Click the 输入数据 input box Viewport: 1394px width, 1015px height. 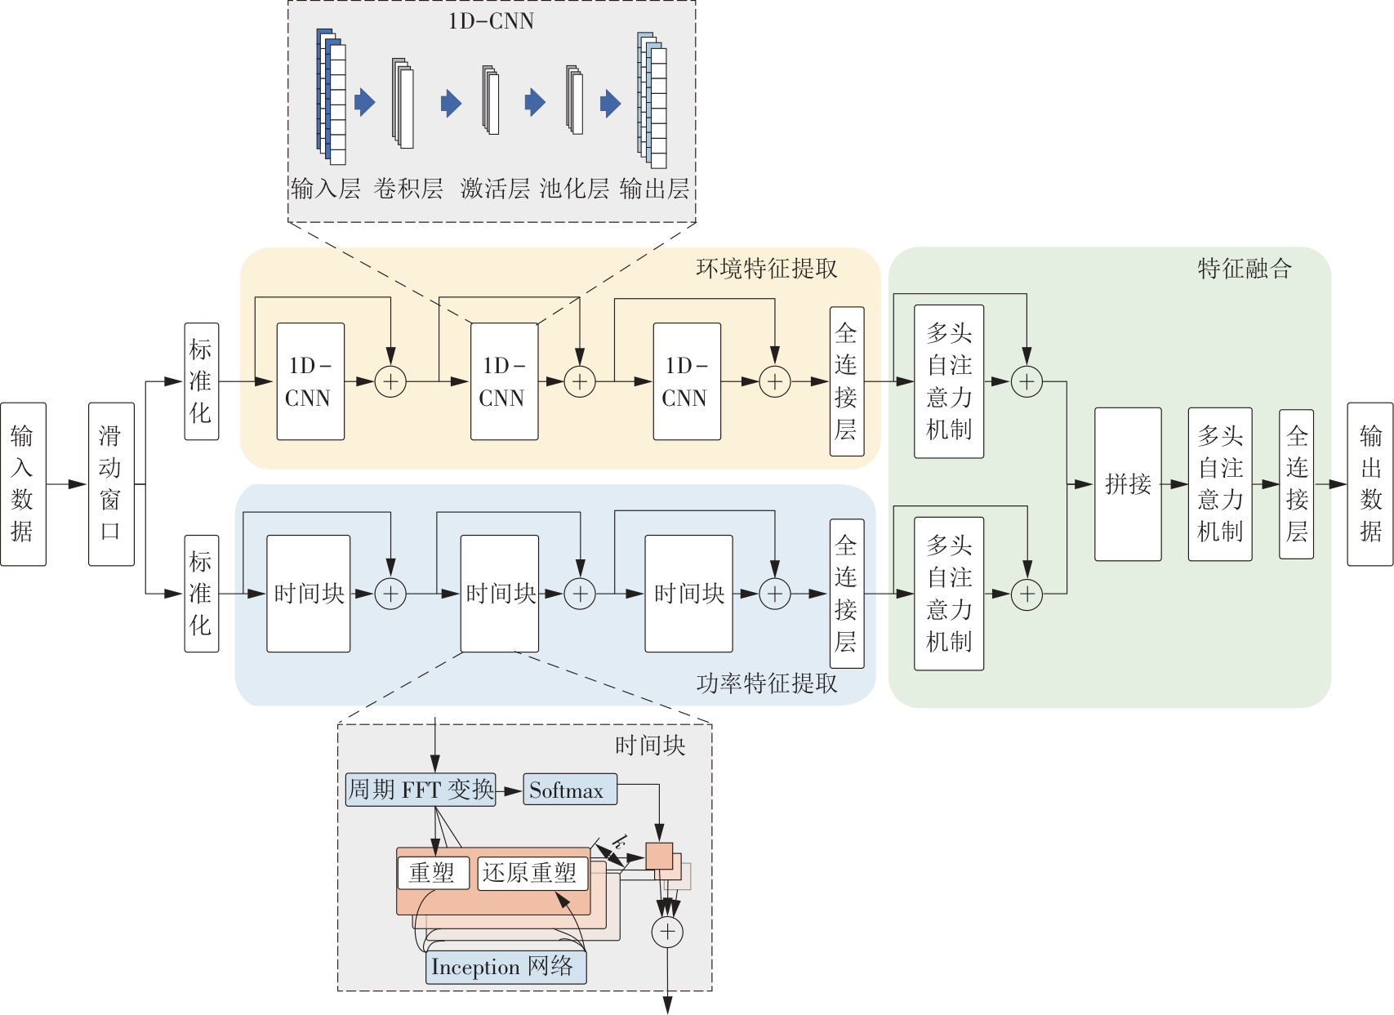23,483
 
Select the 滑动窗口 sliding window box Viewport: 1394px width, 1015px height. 111,483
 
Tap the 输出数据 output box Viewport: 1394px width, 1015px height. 1370,483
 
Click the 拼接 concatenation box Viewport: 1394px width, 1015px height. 1128,484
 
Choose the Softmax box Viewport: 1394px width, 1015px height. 570,789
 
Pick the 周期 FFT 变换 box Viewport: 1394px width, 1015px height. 421,790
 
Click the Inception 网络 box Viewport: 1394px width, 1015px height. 506,967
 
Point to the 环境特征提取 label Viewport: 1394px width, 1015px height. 767,268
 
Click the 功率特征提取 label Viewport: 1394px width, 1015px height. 767,683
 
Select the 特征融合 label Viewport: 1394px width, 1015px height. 1245,268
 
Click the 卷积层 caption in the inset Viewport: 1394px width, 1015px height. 408,188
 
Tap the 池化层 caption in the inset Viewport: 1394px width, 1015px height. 574,188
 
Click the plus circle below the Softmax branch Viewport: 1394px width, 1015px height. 667,932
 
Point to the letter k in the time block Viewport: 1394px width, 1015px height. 618,843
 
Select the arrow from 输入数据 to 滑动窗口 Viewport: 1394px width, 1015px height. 67,484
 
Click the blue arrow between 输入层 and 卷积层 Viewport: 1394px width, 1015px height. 365,102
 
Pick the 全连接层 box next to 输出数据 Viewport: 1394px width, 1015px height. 1296,484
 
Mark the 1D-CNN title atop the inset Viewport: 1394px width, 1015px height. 491,21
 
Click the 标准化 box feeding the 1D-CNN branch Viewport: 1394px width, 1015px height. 202,381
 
